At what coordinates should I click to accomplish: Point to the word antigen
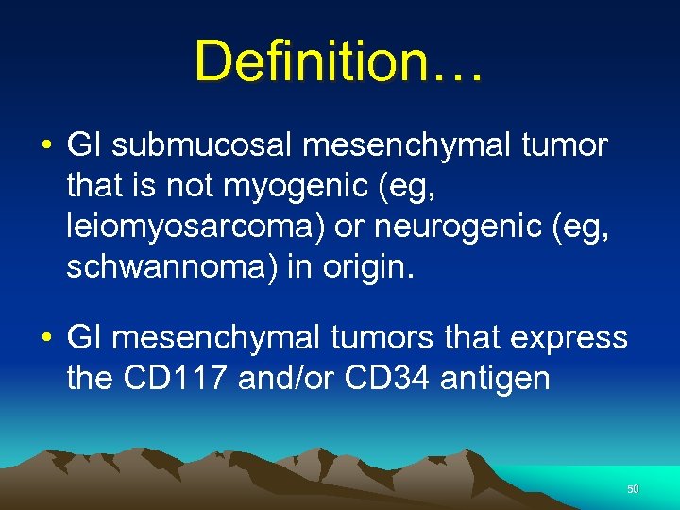(506, 378)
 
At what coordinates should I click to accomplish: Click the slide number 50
(633, 489)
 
